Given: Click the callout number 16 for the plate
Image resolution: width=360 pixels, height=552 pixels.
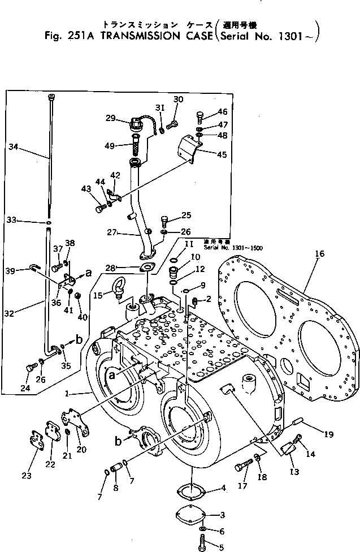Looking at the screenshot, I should [x=319, y=255].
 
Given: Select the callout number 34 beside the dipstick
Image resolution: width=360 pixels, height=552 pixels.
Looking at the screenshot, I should [x=14, y=147].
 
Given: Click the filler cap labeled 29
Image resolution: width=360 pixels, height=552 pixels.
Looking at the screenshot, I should [x=137, y=123].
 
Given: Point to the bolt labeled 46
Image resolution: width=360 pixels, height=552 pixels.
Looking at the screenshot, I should [x=199, y=117].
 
